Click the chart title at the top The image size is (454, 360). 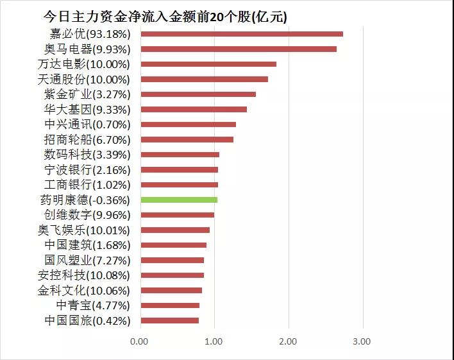coord(165,17)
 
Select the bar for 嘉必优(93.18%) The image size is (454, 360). coord(241,34)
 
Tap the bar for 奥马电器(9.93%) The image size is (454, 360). coord(238,49)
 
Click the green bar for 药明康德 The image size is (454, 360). coord(179,200)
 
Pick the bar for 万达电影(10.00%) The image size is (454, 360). coord(208,64)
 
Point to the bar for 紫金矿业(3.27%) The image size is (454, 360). coord(198,94)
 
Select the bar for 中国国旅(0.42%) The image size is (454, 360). coord(169,320)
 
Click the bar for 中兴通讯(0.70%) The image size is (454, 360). coord(188,124)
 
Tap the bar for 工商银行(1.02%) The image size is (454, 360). coord(179,185)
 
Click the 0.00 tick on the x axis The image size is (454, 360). coord(139,341)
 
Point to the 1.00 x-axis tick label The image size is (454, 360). coord(214,341)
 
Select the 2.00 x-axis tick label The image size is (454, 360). coord(288,341)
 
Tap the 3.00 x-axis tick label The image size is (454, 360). coord(362,341)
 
